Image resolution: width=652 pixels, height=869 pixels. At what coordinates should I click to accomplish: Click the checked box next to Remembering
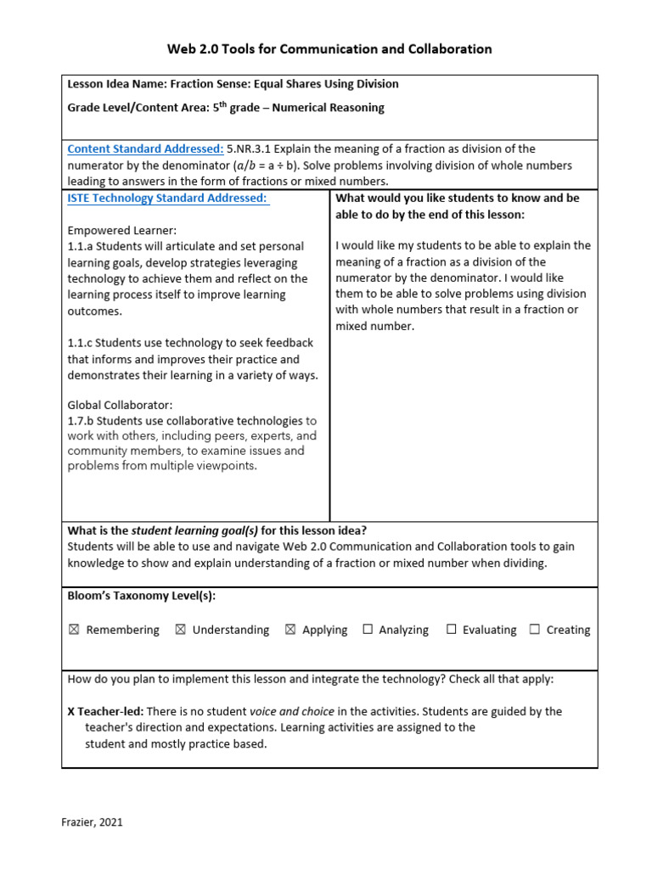pos(73,630)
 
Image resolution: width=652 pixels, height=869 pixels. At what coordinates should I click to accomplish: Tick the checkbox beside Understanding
pos(180,630)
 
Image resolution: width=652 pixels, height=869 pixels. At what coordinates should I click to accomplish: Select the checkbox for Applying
pos(289,630)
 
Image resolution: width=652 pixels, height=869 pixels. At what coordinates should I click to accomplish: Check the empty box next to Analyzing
pos(368,630)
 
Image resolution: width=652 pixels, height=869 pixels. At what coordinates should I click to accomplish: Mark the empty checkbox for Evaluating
pos(452,630)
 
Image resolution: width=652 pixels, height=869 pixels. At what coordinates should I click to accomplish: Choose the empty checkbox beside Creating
pos(535,630)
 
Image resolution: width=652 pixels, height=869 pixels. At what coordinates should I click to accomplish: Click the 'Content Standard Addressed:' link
pos(145,149)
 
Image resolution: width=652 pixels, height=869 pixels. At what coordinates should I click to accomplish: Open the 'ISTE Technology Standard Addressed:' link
pos(168,199)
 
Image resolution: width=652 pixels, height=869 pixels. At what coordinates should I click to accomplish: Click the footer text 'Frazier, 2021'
pos(92,821)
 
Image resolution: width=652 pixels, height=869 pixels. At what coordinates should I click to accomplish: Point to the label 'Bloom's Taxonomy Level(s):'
pos(141,597)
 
